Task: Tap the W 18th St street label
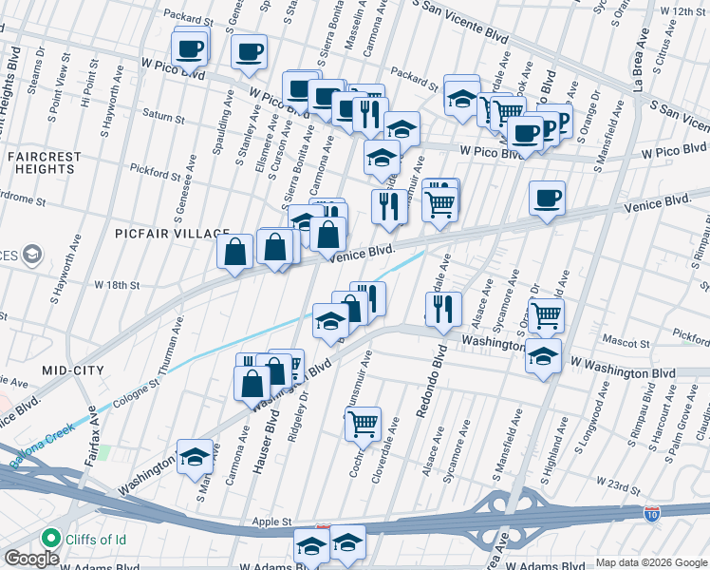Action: tap(117, 284)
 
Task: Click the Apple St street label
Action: tap(272, 522)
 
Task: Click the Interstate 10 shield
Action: tap(651, 514)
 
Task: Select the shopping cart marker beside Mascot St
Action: tap(546, 313)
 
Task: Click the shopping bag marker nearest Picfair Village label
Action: tap(234, 252)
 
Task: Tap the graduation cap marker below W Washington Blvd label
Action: tap(542, 358)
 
